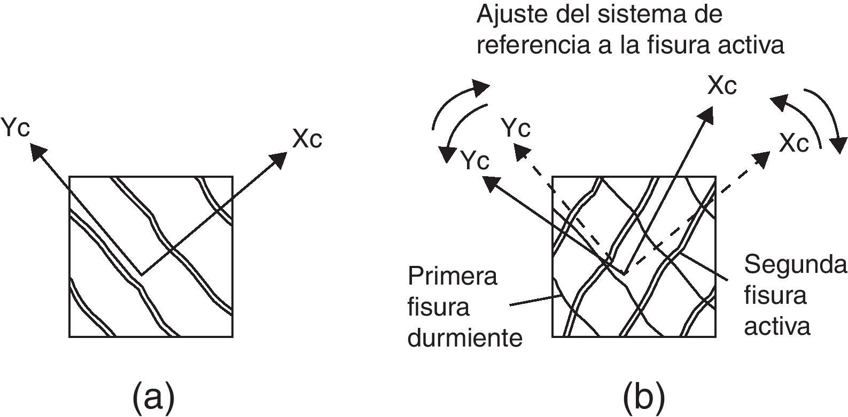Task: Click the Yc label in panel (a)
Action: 15,128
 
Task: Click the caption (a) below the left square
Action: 153,396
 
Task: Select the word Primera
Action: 452,277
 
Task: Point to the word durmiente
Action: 464,338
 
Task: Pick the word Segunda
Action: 795,264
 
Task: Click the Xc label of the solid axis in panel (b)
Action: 722,86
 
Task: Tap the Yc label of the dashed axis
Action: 516,129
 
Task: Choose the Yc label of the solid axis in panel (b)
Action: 475,161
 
